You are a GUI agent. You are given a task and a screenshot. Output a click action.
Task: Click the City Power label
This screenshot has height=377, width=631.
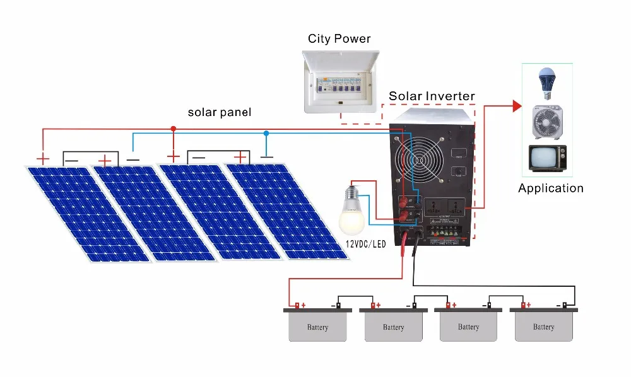tap(339, 38)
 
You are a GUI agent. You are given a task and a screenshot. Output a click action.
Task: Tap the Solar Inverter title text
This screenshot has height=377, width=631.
tap(432, 96)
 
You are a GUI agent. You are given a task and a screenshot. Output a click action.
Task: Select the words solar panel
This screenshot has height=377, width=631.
tap(220, 112)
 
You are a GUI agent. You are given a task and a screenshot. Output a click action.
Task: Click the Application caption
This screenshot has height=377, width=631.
tap(550, 188)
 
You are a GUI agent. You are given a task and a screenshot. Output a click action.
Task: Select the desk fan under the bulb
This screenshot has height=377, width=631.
tap(546, 122)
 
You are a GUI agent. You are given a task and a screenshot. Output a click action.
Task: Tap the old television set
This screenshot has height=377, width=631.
tap(546, 158)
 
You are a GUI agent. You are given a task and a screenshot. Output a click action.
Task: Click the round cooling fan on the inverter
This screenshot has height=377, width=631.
tap(418, 161)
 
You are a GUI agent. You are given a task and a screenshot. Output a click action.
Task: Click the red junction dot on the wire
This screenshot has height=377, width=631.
tap(174, 129)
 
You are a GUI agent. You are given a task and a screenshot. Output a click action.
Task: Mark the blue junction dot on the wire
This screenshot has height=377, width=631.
tap(266, 133)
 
